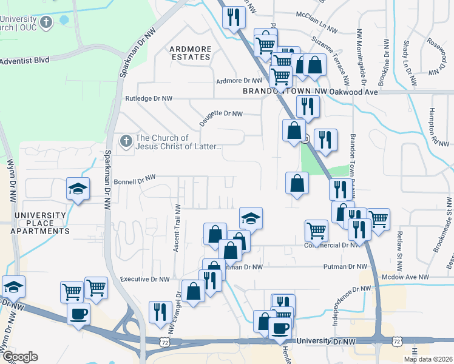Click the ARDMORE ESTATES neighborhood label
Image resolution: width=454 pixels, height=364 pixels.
(x=189, y=52)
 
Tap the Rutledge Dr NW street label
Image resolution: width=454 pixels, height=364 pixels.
(x=149, y=98)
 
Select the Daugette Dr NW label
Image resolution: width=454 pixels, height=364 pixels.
(x=221, y=113)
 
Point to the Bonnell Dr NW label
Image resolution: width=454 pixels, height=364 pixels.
(x=135, y=180)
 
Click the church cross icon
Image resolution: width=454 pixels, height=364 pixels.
(x=126, y=141)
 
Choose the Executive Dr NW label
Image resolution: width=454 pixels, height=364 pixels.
(x=144, y=279)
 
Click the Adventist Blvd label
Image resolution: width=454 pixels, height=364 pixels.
(x=24, y=60)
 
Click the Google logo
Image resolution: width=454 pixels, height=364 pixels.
(x=19, y=357)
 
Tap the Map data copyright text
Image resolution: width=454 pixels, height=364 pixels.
(x=429, y=359)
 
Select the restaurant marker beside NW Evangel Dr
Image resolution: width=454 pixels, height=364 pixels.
(x=160, y=312)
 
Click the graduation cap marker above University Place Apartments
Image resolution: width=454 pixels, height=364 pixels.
(x=78, y=189)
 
